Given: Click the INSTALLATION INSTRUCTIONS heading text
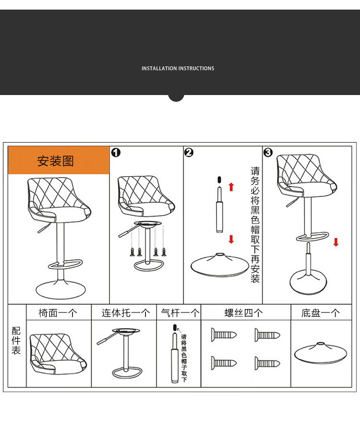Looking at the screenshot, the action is (178, 68).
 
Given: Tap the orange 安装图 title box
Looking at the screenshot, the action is (59, 160).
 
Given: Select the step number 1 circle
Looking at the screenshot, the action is (116, 153).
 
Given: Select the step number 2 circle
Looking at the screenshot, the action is (189, 153).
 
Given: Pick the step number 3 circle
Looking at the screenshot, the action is (268, 153).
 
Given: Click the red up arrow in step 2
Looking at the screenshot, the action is (231, 187).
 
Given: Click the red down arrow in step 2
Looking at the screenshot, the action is (231, 239).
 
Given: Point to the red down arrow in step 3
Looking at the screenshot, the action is (336, 242).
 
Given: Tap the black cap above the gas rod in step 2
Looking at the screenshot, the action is (219, 180).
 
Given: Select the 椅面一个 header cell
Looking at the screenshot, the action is (59, 313).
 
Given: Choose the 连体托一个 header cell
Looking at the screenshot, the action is (124, 313).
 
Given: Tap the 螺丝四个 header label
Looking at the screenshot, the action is (243, 313).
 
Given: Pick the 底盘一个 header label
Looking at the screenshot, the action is (321, 313).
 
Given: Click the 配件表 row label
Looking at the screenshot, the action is (16, 340).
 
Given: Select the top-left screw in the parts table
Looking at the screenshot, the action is (224, 335).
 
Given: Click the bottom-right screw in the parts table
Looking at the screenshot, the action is (267, 363).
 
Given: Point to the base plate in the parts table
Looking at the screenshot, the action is (321, 353).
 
